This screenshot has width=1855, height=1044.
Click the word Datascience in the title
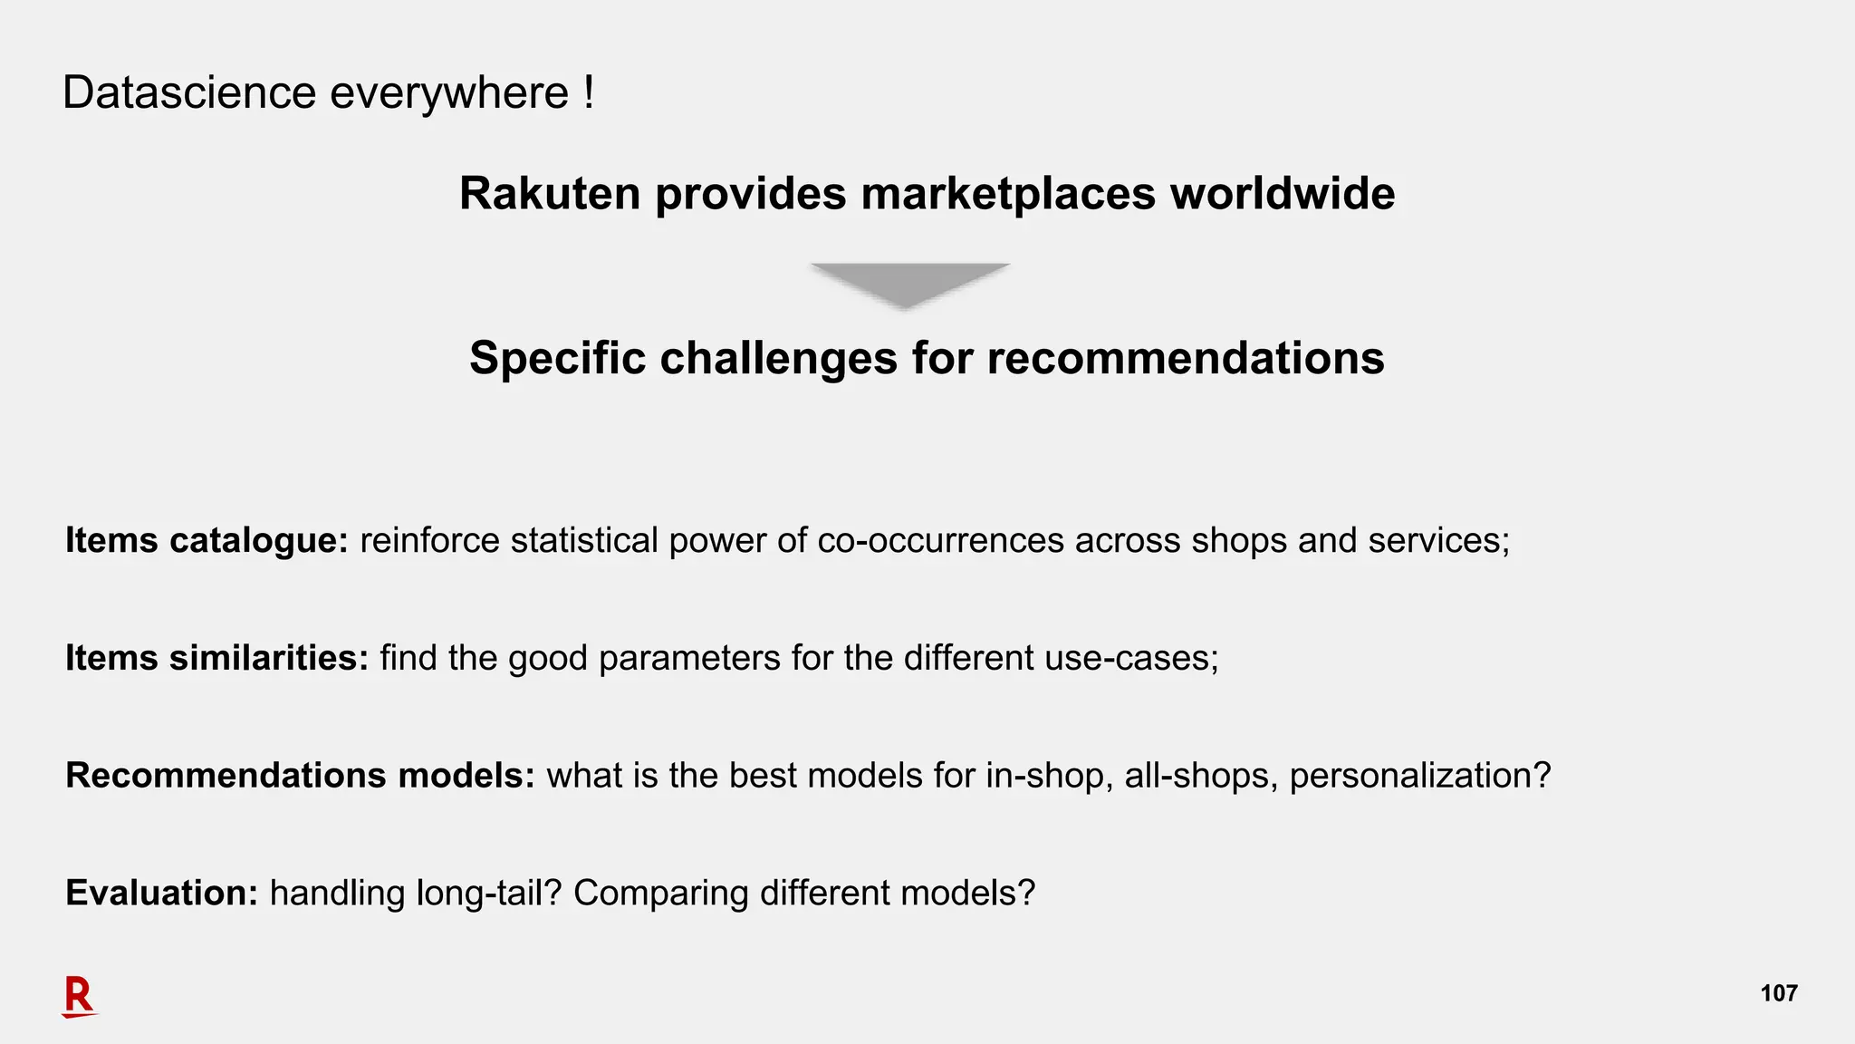189,92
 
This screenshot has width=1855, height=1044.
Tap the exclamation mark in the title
590,92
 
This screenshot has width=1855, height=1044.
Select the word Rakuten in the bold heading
550,193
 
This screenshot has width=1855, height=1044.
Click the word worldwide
1283,193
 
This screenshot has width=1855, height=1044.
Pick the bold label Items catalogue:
207,541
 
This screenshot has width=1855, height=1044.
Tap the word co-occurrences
941,541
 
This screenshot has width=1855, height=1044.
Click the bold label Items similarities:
216,658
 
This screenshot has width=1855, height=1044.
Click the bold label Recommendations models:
300,776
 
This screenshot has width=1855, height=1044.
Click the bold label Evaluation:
162,894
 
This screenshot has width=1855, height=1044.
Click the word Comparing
661,894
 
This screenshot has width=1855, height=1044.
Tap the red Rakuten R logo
79,997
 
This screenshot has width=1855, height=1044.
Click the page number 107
1779,993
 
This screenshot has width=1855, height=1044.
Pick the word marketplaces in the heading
1008,193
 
